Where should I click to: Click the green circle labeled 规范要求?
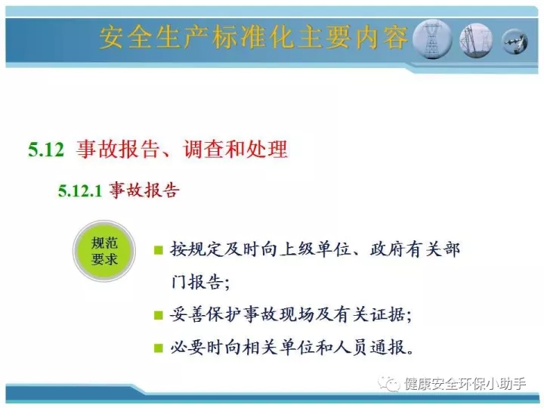104,251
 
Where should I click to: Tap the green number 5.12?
46,150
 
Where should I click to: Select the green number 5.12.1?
80,191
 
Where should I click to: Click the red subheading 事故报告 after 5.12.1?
144,190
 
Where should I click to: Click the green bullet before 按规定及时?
159,250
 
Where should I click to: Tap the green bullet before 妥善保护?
159,315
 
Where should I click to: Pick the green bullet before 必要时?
159,348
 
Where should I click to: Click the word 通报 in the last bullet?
388,348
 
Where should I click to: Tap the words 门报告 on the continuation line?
196,282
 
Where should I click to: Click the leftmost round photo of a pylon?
432,39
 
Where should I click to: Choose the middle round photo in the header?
476,41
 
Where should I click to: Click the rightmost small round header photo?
515,42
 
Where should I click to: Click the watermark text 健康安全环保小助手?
465,384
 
